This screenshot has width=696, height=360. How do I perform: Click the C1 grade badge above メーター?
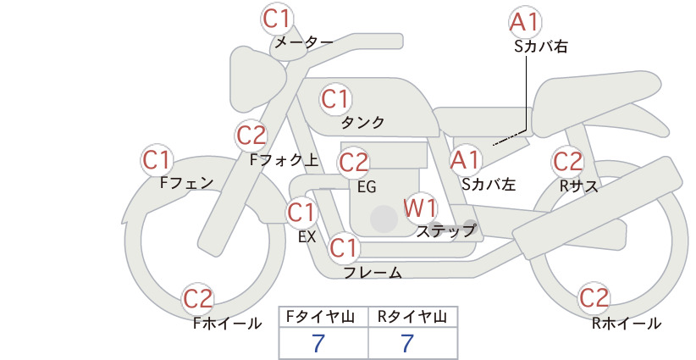277,19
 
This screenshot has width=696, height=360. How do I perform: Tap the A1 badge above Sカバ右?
525,22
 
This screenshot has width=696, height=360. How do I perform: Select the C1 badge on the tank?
335,99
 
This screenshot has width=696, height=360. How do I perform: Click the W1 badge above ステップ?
420,208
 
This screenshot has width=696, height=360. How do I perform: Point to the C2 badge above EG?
354,163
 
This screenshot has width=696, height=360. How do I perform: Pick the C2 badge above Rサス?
567,161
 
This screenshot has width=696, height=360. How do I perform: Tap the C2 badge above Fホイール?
198,298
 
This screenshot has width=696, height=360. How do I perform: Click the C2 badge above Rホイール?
594,297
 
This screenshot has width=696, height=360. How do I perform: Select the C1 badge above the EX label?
301,212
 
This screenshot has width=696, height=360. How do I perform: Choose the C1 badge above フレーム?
344,247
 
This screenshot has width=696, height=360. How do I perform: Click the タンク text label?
362,123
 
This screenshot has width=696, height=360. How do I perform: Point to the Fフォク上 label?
284,160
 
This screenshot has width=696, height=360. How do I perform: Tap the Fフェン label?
186,182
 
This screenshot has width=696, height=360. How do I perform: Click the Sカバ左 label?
489,184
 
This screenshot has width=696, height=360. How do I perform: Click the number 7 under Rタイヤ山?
407,343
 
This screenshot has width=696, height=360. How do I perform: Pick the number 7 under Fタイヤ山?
318,343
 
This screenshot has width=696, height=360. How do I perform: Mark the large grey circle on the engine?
384,219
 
